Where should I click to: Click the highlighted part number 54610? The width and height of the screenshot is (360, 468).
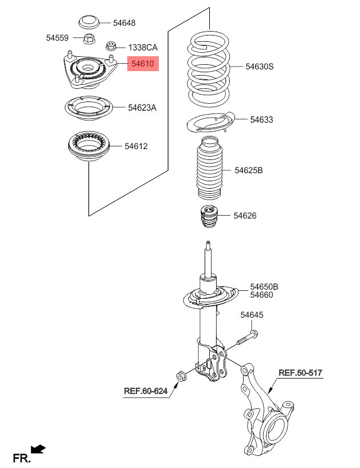(x=143, y=64)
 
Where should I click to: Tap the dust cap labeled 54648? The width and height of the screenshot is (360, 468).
(x=89, y=23)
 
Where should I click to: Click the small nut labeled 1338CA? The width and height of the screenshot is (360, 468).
(x=111, y=46)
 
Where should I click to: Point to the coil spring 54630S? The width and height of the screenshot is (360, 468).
(x=209, y=68)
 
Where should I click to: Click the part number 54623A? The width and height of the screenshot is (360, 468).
(x=142, y=107)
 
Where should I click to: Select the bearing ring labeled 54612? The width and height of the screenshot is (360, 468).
(x=89, y=146)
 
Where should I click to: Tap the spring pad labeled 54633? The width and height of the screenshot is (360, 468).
(x=211, y=122)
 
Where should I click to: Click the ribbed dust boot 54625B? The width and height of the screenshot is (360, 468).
(x=209, y=168)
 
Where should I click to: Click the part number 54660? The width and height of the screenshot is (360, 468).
(x=261, y=295)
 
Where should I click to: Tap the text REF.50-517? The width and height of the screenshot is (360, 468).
(x=300, y=373)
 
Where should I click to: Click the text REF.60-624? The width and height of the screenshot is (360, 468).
(x=146, y=391)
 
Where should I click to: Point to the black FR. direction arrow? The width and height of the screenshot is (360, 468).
(x=38, y=448)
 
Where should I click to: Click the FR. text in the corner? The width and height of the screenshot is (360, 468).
(x=22, y=458)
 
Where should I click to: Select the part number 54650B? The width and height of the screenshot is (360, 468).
(x=264, y=287)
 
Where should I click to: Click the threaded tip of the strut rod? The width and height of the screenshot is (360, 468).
(x=208, y=245)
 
